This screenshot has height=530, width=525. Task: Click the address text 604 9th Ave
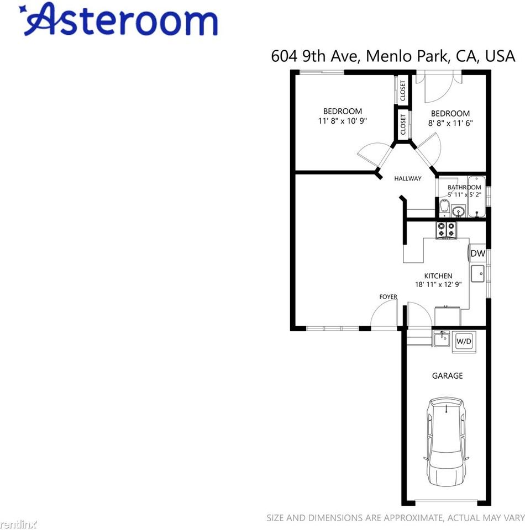314,56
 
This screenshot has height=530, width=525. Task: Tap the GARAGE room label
447,376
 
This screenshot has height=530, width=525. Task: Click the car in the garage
446,442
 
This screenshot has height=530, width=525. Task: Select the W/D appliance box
463,342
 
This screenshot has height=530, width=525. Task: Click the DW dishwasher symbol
477,253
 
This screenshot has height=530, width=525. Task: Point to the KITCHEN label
438,276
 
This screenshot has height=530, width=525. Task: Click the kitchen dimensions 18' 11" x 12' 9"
438,285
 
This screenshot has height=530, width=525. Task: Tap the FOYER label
388,297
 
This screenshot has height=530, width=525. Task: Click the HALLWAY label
408,178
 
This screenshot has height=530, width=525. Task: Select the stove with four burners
447,230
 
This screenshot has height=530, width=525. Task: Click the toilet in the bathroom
444,208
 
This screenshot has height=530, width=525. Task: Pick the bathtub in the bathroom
475,198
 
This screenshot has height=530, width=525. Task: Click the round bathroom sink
458,211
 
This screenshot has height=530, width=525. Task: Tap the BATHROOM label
464,187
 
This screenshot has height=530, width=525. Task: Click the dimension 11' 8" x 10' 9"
343,120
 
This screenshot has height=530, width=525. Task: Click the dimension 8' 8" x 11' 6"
450,123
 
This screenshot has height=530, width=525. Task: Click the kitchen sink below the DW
477,272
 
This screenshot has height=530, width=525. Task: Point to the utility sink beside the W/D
442,338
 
